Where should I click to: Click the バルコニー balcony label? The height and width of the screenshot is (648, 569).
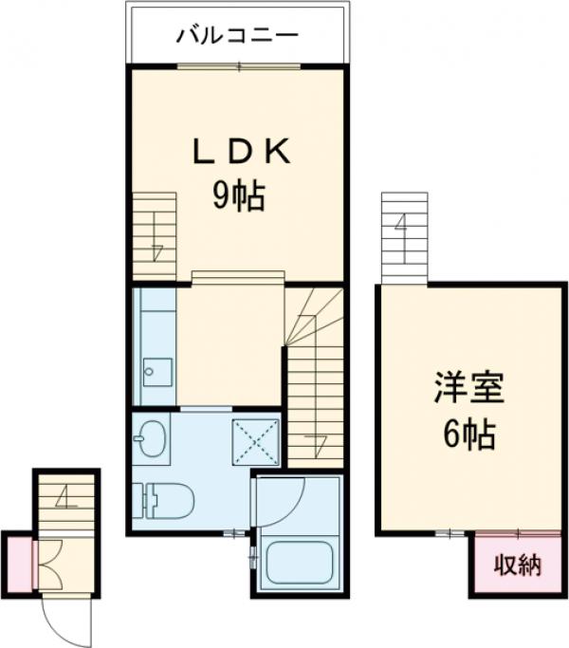coord(237,36)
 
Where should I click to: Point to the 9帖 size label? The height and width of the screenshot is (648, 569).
coord(237,197)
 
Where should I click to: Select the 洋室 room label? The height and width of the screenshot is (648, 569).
coord(468,389)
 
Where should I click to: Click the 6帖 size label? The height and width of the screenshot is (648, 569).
coord(468,435)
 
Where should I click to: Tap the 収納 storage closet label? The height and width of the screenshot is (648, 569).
coord(517,565)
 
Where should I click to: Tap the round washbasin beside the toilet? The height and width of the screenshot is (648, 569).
coord(150,437)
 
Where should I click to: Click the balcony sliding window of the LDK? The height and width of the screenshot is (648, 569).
coord(239,65)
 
